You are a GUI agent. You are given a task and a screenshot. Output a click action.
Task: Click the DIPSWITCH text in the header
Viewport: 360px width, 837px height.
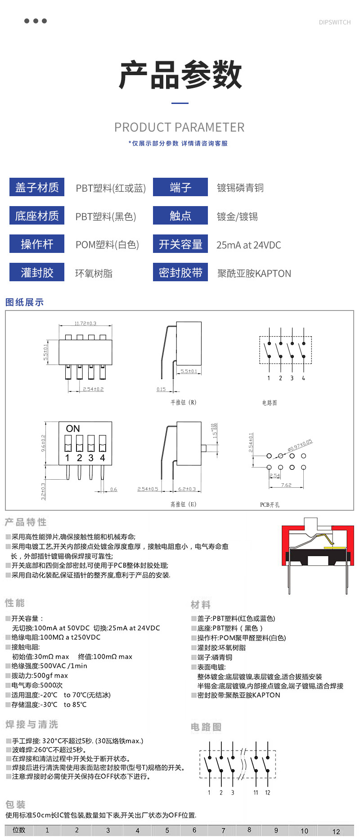334,22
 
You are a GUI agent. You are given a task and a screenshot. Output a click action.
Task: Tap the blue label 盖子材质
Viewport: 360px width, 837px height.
37,187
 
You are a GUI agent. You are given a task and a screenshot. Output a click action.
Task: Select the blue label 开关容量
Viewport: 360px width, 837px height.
180,244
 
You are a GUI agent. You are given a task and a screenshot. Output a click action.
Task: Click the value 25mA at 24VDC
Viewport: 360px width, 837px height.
248,245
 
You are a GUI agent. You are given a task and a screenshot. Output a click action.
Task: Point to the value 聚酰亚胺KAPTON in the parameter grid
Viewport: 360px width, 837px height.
254,274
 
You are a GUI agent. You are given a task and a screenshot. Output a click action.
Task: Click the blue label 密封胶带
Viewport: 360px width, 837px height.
180,273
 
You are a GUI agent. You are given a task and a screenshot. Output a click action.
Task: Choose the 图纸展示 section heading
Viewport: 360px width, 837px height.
24,302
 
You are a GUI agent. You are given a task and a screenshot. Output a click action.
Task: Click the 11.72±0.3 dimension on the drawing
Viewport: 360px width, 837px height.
85,324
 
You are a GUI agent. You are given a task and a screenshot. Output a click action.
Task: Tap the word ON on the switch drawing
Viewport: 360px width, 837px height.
73,429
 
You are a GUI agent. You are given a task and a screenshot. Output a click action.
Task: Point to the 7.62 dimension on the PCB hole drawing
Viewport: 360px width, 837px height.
286,485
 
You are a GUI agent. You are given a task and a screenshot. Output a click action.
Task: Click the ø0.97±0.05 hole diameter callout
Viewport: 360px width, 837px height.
300,445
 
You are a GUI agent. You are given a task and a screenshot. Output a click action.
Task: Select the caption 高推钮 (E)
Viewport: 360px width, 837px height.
183,504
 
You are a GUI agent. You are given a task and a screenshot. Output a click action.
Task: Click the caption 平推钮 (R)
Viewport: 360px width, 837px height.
183,402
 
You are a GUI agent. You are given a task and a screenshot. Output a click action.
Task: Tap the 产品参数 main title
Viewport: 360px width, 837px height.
180,75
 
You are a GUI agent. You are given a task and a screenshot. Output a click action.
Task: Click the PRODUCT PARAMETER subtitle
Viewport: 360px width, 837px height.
179,127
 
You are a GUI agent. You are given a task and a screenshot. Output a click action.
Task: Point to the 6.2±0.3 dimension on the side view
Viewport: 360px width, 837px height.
187,489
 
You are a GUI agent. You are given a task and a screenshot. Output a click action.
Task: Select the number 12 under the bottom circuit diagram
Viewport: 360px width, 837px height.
268,792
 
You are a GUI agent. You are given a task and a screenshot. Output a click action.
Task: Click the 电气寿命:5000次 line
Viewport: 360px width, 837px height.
37,685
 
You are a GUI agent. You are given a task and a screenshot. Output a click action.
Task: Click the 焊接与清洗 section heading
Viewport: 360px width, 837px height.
31,724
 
